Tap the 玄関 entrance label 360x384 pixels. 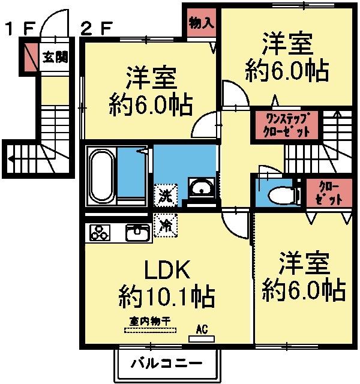[55, 58]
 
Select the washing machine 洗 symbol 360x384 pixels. [164, 194]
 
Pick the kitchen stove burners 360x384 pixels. [101, 231]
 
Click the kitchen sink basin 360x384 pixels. [139, 231]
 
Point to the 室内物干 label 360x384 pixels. [150, 321]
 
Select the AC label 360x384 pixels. [202, 329]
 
